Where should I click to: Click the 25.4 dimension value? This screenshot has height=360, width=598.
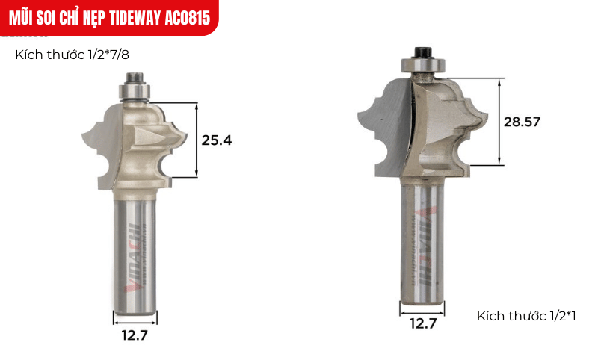(218, 140)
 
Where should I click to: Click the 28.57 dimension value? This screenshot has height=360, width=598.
(522, 120)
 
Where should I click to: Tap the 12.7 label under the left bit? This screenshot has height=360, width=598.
(135, 335)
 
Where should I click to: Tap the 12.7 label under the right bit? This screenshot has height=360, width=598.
(422, 323)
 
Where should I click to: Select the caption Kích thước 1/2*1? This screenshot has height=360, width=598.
(526, 317)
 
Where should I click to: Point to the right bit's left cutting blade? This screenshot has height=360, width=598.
(385, 127)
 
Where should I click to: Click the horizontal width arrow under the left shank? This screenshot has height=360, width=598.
(135, 317)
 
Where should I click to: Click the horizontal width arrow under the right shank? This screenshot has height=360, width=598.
(422, 306)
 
